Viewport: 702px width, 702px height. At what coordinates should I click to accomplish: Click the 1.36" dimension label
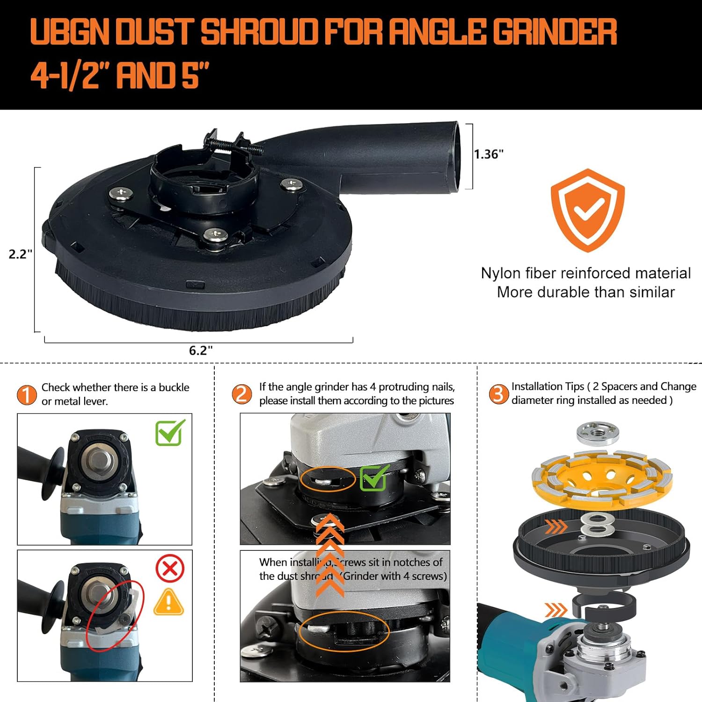click(x=489, y=154)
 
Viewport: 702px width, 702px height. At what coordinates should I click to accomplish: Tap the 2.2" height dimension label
click(x=21, y=254)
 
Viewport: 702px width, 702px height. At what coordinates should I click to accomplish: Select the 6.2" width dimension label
click(x=201, y=350)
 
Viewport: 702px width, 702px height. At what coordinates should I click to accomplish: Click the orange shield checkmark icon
click(x=587, y=211)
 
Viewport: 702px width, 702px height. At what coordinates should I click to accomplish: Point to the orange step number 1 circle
click(x=27, y=395)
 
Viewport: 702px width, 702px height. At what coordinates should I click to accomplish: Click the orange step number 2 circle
click(x=242, y=394)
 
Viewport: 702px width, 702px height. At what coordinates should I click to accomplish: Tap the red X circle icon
click(x=169, y=569)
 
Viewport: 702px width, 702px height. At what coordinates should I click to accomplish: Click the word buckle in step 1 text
click(x=174, y=388)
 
